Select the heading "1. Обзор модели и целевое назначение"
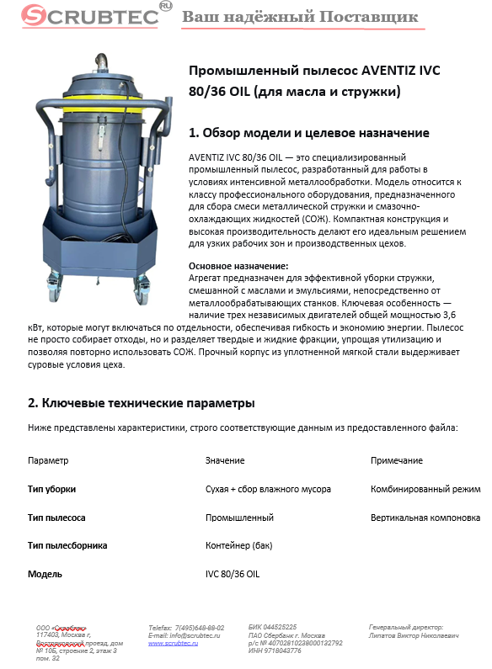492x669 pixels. coord(309,133)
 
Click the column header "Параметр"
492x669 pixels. coord(48,461)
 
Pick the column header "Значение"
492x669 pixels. coord(225,461)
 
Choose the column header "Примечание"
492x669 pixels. coord(397,461)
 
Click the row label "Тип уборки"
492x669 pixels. coord(51,489)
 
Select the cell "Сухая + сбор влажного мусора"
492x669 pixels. coord(268,489)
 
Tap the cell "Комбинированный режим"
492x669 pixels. coord(425,489)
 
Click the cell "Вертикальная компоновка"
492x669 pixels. coord(425,518)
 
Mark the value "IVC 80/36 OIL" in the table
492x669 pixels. coord(232,573)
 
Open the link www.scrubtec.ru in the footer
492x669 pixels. coord(173,642)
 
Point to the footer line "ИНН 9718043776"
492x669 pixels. coord(275,650)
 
